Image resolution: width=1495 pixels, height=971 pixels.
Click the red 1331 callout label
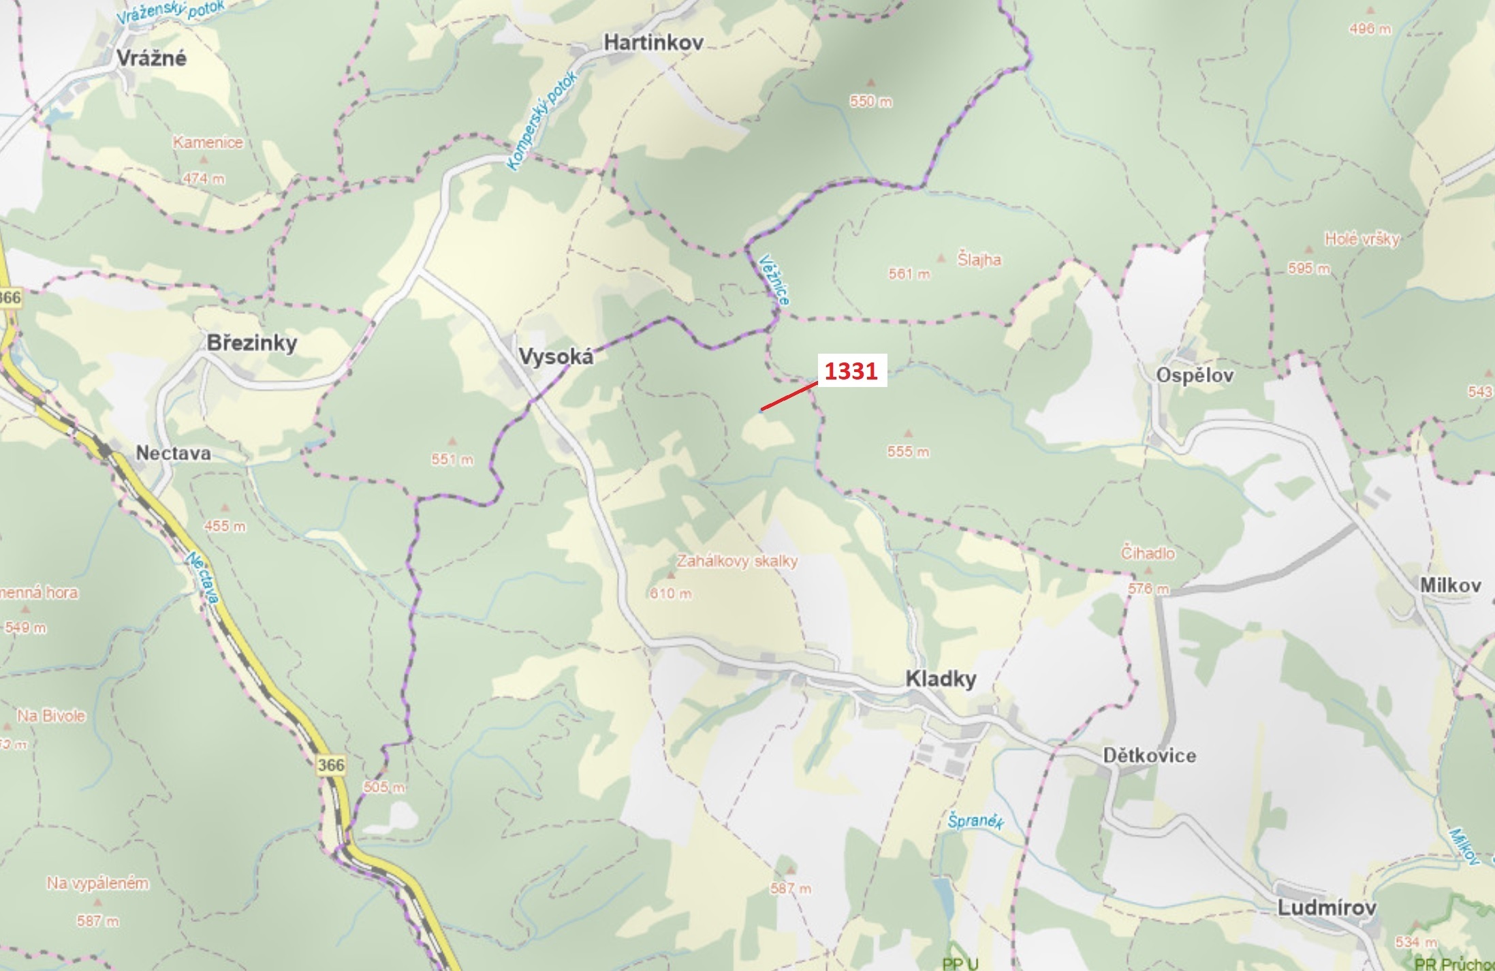[x=851, y=371]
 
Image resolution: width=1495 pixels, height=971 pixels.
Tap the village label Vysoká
[x=556, y=356]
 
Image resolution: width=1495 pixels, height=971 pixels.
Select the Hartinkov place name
[x=653, y=42]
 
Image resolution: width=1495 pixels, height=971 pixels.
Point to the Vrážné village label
[x=151, y=58]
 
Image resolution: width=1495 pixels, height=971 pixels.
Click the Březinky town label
[x=252, y=342]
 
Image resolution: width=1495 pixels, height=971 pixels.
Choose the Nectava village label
[x=174, y=452]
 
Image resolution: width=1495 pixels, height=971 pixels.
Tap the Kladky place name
[x=941, y=678]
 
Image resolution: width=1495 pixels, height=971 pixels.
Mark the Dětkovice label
[x=1150, y=755]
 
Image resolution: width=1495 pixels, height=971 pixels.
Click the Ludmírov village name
[x=1327, y=907]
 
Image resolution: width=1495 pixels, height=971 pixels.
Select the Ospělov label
[x=1195, y=375]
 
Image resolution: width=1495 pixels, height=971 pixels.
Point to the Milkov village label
[x=1450, y=585]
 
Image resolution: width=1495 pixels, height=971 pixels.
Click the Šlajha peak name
[x=979, y=259]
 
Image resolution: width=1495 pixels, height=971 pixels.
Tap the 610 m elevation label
[x=671, y=594]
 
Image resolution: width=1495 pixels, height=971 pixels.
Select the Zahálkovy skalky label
[x=737, y=561]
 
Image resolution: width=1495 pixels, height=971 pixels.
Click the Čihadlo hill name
[x=1148, y=553]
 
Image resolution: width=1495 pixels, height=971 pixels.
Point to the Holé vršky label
[x=1362, y=238]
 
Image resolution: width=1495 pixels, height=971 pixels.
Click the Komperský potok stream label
[x=542, y=120]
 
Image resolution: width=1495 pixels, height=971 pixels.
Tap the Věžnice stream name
[x=775, y=279]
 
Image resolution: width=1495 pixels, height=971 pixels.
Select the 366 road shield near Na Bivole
[x=331, y=765]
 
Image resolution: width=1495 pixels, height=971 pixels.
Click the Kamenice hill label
[x=208, y=142]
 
